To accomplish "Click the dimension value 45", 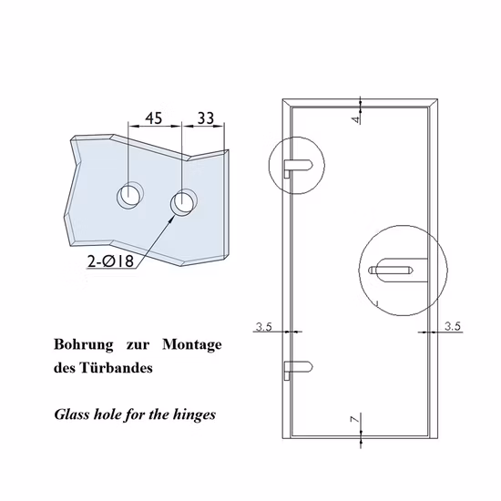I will pyautogui.click(x=154, y=118).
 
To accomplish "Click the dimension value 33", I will pyautogui.click(x=205, y=118).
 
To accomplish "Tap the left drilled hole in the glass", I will pyautogui.click(x=128, y=195).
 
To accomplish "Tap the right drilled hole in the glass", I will pyautogui.click(x=185, y=201).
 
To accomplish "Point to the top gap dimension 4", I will pyautogui.click(x=357, y=116).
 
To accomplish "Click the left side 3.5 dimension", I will pyautogui.click(x=265, y=324).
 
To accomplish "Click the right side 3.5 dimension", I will pyautogui.click(x=453, y=324).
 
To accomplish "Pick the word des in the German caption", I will pyautogui.click(x=66, y=370).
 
